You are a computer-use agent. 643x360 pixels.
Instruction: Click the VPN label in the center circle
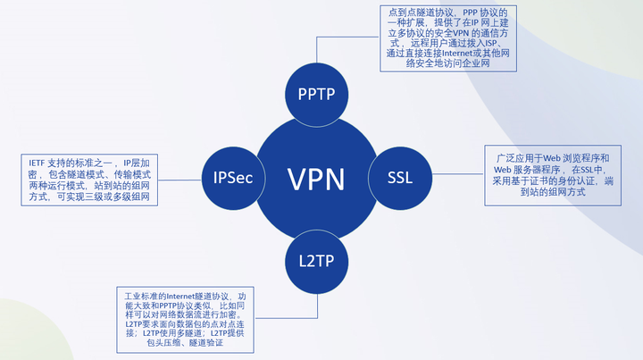pos(315,178)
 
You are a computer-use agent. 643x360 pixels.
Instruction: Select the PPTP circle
pos(315,94)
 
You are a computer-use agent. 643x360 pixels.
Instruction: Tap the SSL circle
pos(399,177)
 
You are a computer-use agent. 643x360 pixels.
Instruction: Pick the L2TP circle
pos(316,261)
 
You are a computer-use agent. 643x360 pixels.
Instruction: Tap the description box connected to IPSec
pos(90,179)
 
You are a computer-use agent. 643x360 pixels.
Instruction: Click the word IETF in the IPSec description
pos(37,163)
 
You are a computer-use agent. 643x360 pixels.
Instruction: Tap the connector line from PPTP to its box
pos(335,38)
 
